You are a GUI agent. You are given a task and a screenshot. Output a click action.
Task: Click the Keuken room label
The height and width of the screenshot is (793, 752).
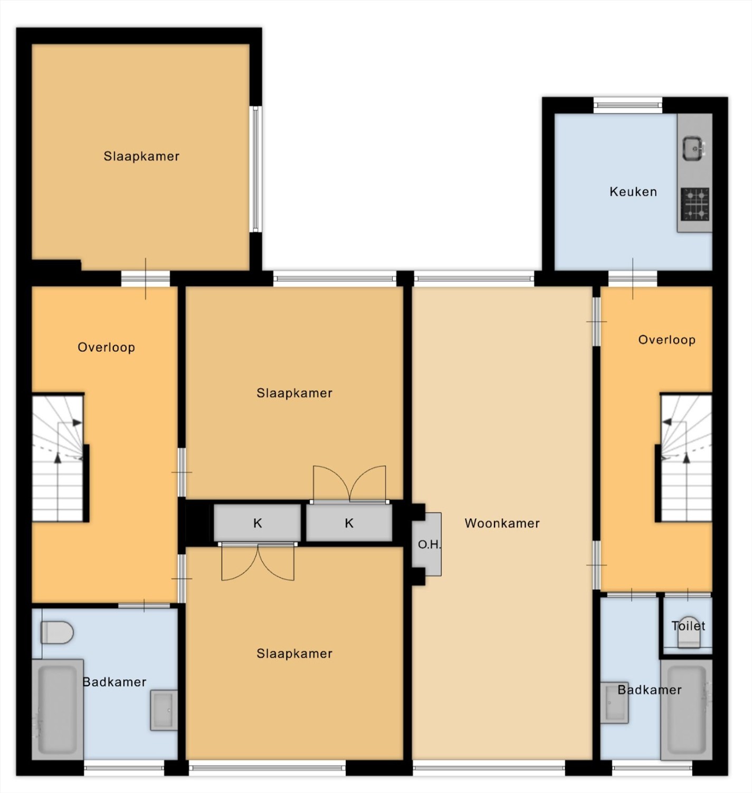(x=633, y=192)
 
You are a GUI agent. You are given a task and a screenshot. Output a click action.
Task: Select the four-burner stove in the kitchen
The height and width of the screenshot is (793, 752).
(x=695, y=204)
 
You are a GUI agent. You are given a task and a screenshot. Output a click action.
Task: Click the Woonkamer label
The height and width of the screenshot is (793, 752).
(x=502, y=523)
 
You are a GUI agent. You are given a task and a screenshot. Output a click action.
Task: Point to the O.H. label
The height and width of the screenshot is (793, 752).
(x=429, y=545)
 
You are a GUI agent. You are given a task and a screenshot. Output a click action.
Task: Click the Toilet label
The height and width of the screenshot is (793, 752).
(x=688, y=626)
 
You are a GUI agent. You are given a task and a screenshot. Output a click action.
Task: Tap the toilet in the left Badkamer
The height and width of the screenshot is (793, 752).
(x=57, y=632)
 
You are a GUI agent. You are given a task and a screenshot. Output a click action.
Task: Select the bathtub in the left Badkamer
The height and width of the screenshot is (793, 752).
(x=58, y=710)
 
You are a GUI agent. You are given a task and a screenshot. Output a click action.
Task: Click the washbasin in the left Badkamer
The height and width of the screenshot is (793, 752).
(x=164, y=710)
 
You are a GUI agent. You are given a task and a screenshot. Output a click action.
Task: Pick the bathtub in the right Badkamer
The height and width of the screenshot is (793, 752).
(x=687, y=710)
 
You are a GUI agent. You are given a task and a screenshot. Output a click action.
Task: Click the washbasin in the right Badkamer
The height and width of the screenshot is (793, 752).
(x=615, y=703)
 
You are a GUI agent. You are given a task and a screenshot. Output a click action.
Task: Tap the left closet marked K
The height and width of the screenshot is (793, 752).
(x=257, y=523)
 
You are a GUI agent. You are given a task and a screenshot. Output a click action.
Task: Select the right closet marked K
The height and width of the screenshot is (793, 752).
(x=349, y=523)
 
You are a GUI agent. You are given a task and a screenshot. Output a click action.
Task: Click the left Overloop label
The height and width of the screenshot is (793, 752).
(x=106, y=347)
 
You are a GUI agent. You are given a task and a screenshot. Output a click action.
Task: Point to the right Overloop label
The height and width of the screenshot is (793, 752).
(x=667, y=340)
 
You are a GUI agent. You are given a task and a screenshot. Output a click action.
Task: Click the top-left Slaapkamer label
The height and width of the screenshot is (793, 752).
(x=141, y=156)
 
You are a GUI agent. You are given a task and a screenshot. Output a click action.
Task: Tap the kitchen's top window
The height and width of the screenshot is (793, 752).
(x=627, y=105)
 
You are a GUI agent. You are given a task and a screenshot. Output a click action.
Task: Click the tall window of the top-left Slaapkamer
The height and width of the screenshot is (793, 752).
(x=255, y=169)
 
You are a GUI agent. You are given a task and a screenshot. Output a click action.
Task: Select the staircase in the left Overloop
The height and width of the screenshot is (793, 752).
(x=60, y=458)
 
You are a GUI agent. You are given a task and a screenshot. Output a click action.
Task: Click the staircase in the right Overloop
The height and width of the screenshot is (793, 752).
(x=684, y=458)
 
